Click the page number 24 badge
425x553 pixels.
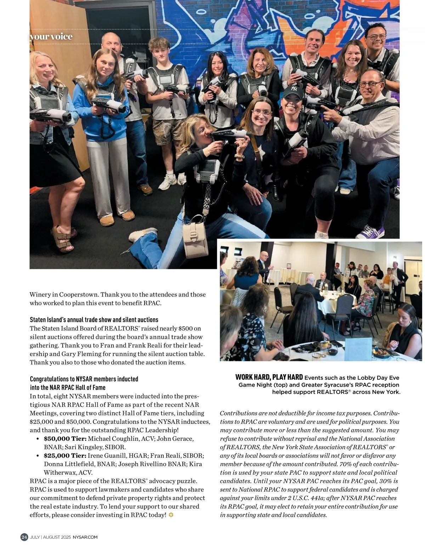[x=24, y=537]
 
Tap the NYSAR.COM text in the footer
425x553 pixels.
[x=85, y=537]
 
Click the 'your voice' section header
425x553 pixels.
[x=51, y=37]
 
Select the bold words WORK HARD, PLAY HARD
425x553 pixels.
[x=269, y=377]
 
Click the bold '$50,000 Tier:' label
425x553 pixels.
[x=65, y=439]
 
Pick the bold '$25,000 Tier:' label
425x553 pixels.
[x=65, y=455]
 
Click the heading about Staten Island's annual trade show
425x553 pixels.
[x=94, y=320]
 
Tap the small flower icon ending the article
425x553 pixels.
[x=171, y=515]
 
